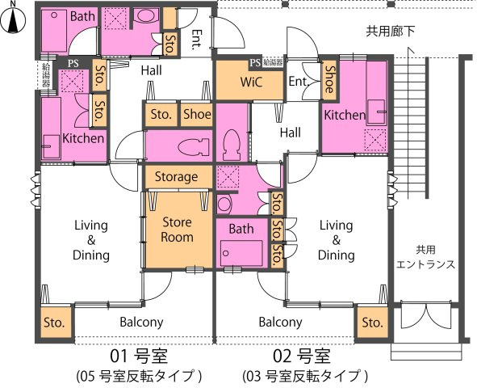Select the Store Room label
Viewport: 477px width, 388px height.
point(177,229)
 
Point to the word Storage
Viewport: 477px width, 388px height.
point(177,176)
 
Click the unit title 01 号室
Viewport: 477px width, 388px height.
point(140,356)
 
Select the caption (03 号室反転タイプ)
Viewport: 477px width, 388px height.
point(305,376)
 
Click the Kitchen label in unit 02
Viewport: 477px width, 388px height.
point(345,116)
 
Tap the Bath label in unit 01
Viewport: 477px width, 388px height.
point(82,16)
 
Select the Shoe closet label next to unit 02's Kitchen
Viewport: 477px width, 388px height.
point(330,79)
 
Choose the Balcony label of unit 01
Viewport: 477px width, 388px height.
point(141,322)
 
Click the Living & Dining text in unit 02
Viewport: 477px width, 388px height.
point(336,240)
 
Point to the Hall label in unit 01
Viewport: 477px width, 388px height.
point(151,71)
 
